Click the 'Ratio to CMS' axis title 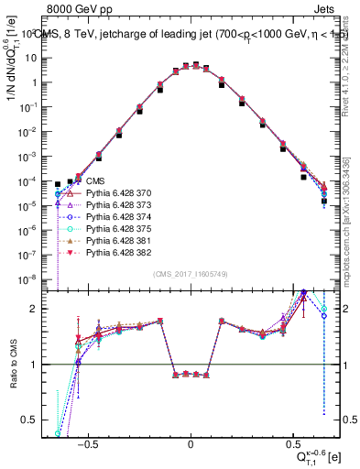pos(13,376)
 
